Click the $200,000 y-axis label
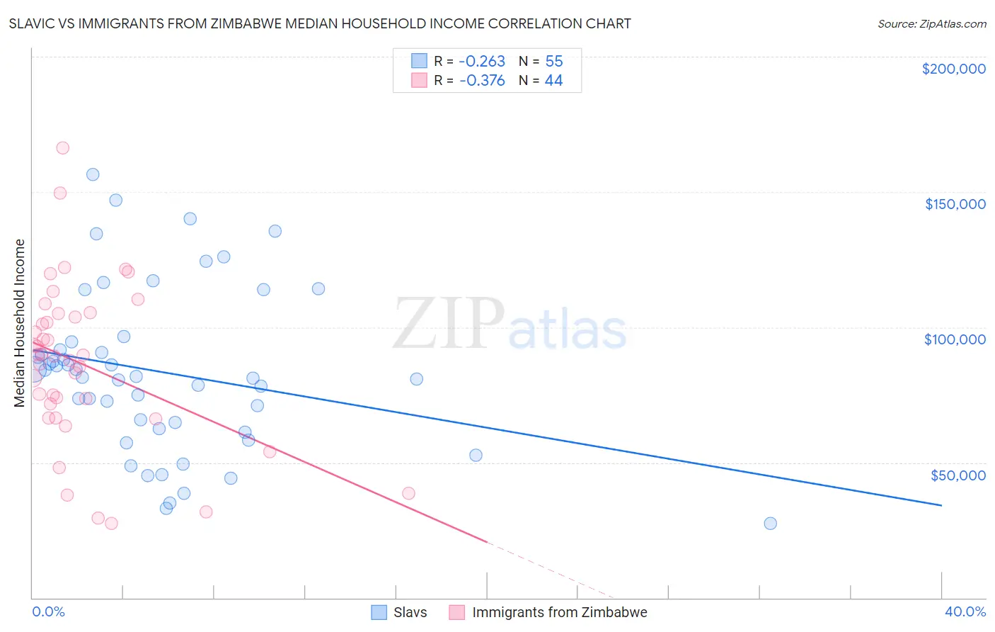point(953,69)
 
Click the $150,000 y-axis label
point(955,204)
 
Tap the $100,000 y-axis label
point(955,339)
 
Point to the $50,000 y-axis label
point(957,475)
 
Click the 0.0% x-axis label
point(49,611)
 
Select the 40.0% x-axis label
point(965,611)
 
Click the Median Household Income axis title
point(20,323)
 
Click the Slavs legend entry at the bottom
point(410,612)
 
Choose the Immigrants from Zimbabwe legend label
point(559,612)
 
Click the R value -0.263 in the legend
point(482,62)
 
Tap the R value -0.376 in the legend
point(482,81)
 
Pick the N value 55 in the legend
point(553,62)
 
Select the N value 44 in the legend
point(553,81)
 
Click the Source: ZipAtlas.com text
point(931,24)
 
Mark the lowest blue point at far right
point(770,524)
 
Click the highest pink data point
point(62,148)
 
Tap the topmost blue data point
point(93,174)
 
